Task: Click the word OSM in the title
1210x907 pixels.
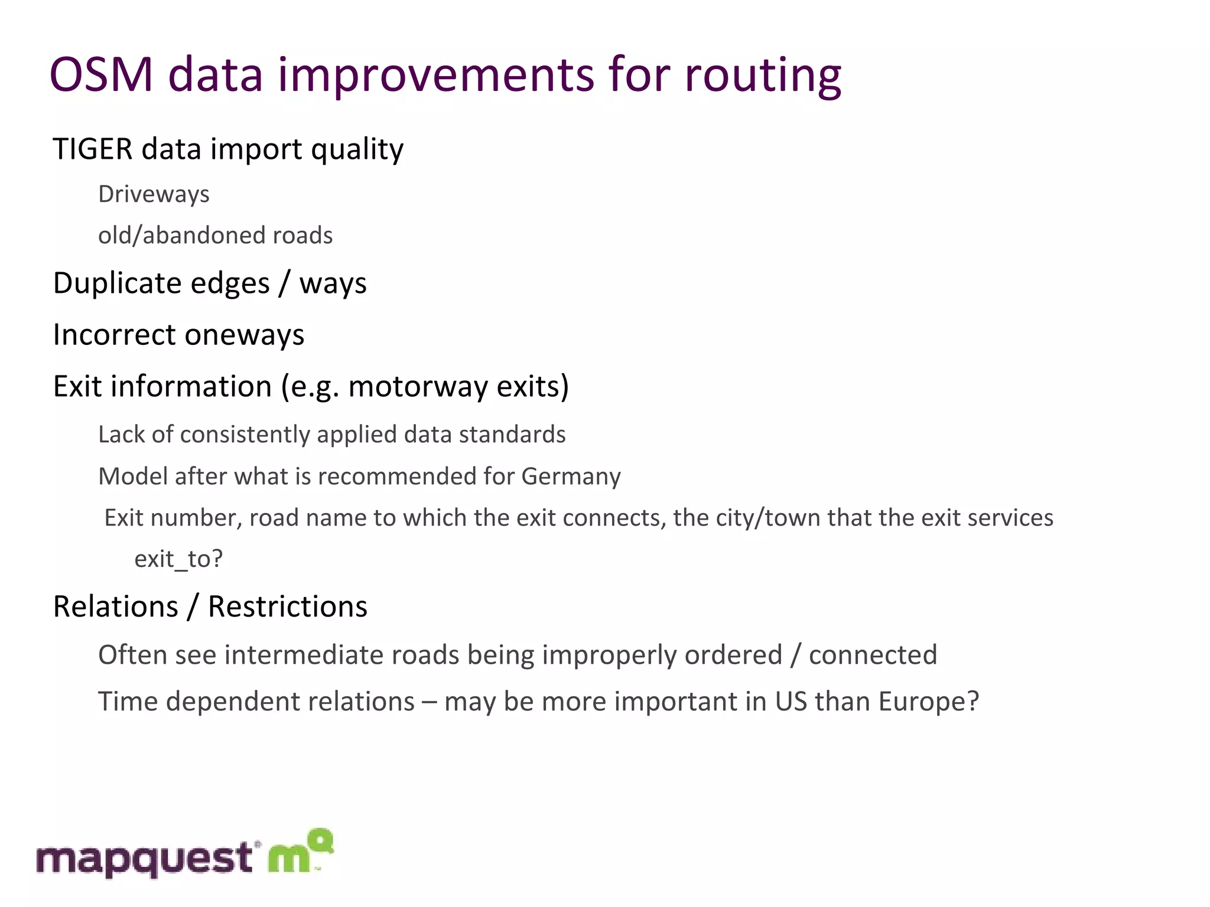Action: tap(101, 75)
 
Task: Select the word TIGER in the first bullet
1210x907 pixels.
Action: tap(92, 149)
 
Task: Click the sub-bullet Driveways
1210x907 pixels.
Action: tap(154, 194)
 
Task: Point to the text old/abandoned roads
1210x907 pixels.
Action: tap(215, 236)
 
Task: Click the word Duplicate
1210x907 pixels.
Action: tap(161, 283)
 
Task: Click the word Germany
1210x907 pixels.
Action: tap(571, 477)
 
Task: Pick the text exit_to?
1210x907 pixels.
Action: tap(178, 559)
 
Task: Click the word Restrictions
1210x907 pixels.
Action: tap(287, 607)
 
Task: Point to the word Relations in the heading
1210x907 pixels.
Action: tap(115, 607)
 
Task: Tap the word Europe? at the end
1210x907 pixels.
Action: tap(928, 702)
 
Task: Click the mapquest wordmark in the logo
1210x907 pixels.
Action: tap(145, 859)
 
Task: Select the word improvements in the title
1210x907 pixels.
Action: tap(436, 75)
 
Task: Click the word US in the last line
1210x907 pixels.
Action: tap(791, 702)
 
